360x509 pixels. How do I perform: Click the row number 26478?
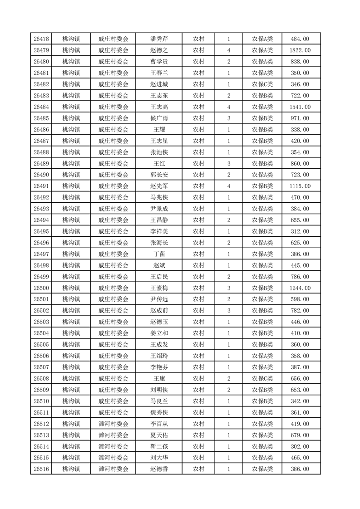[41, 39]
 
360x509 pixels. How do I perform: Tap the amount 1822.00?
[301, 50]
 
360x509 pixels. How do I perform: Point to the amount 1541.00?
[301, 107]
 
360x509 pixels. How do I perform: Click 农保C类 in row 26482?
[262, 84]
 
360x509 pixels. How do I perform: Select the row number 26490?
[41, 175]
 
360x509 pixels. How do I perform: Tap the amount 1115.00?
[301, 186]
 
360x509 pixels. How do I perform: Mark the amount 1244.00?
[301, 288]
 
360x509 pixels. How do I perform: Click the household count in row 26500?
[229, 288]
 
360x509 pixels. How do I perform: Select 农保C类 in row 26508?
[262, 378]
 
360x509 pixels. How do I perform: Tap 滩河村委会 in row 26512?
[113, 424]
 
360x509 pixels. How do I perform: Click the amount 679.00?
[301, 435]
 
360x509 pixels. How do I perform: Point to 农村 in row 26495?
[198, 231]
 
